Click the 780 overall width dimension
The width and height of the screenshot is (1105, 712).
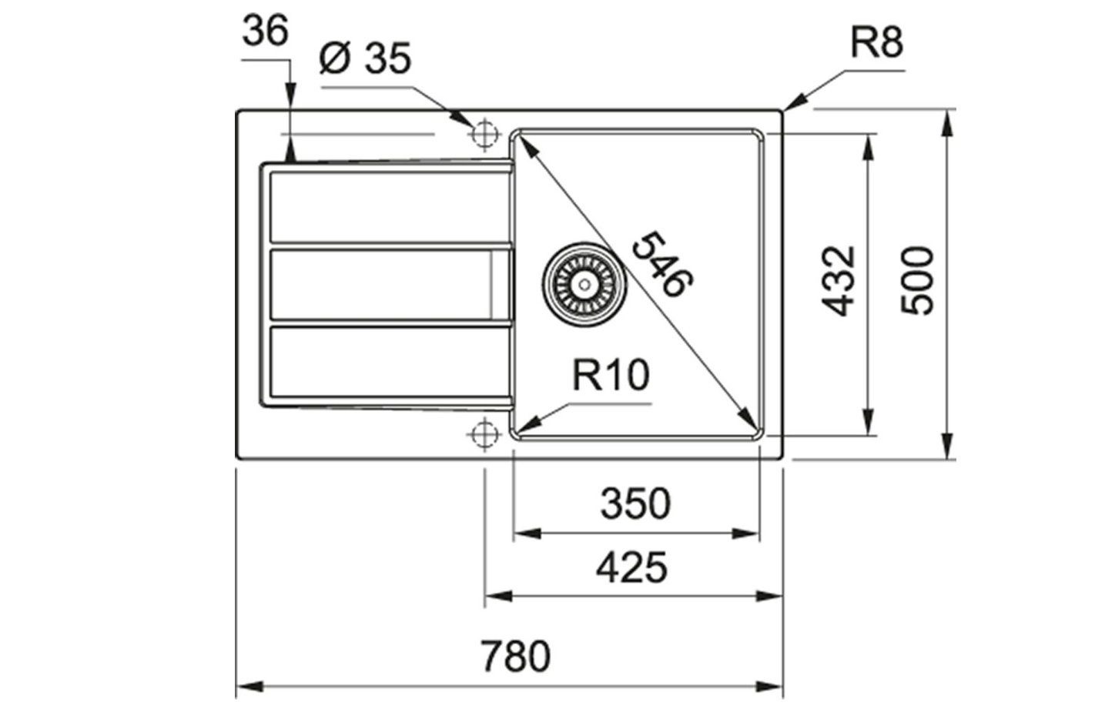point(517,657)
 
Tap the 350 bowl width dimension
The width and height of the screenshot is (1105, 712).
point(635,504)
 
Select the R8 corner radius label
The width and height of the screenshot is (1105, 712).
point(876,44)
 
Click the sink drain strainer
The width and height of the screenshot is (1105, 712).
point(578,284)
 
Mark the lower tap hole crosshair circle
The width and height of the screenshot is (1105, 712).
point(484,433)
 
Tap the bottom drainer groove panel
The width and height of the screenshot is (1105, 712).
point(385,364)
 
